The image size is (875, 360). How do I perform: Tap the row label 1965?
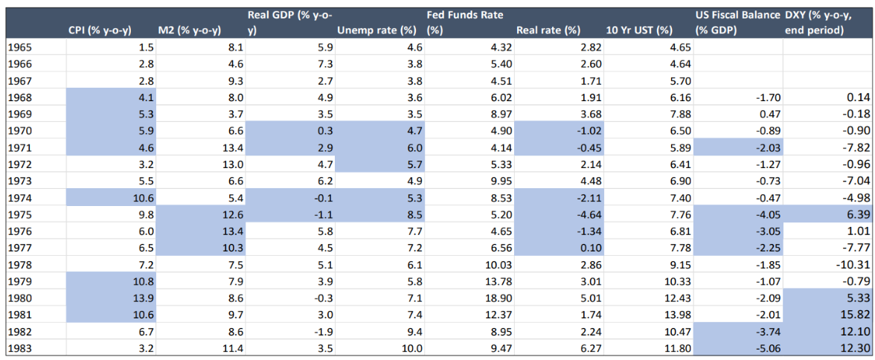click(x=20, y=47)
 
